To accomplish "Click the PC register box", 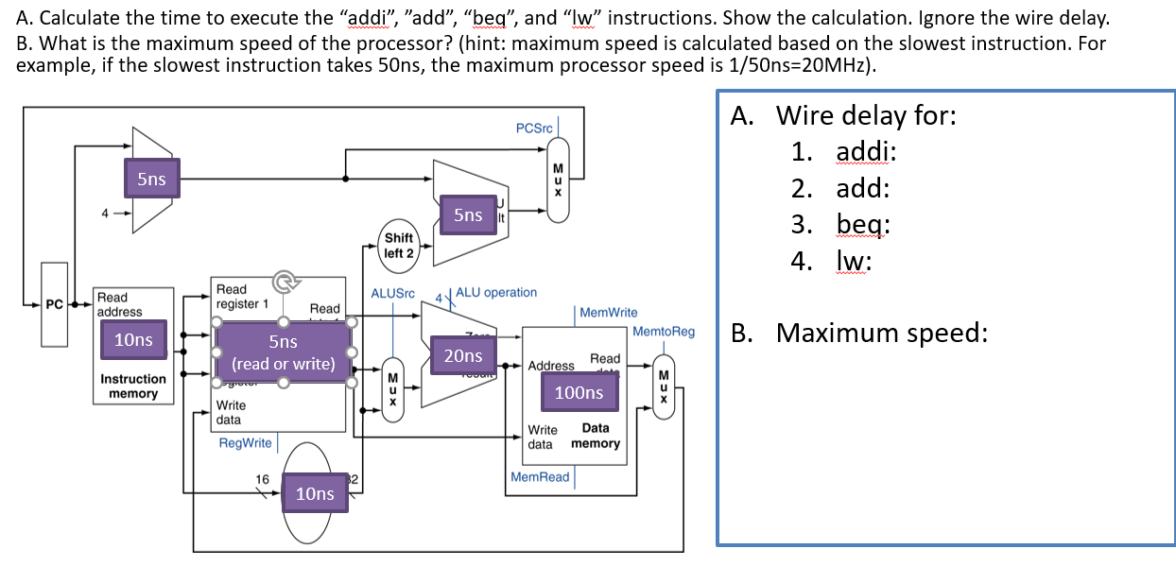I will [54, 305].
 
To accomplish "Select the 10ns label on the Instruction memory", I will [133, 340].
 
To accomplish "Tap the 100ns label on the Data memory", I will [579, 392].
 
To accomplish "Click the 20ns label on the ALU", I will [463, 355].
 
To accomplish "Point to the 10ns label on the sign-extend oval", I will [315, 493].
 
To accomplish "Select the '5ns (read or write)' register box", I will [284, 352].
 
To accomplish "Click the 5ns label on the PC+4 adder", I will [151, 179].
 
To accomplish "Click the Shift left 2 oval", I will [398, 246].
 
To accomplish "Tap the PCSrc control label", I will [534, 128].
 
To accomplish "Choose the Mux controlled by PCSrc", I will [558, 179].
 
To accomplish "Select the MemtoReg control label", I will [663, 332].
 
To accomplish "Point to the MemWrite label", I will [608, 312].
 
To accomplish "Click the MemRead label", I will [540, 477].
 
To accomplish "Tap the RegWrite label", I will [245, 443].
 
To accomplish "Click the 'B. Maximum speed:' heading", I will [858, 333].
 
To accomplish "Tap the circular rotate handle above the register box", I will [284, 281].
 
